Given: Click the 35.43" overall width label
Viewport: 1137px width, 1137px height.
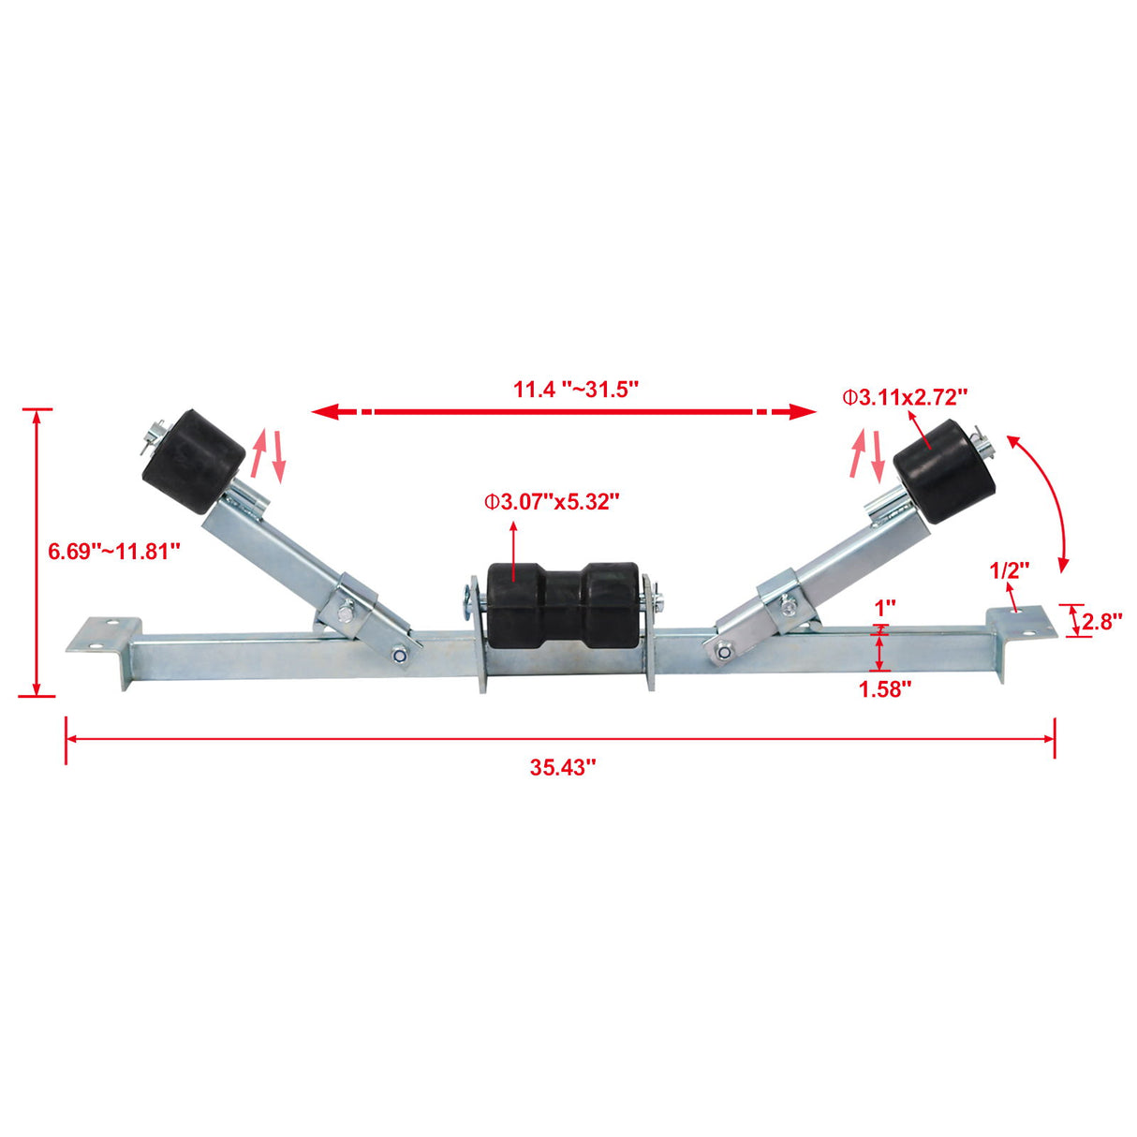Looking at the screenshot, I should (x=563, y=768).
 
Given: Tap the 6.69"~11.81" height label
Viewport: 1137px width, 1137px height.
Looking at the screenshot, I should (x=114, y=551).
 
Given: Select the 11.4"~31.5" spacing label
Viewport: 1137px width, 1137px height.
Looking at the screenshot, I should (x=576, y=389).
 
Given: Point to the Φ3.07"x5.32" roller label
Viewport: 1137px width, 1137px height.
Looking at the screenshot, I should (x=553, y=502).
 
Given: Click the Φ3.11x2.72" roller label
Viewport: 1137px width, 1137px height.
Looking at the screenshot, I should (x=905, y=397).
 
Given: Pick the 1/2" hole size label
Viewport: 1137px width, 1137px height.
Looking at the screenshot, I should (x=1010, y=569).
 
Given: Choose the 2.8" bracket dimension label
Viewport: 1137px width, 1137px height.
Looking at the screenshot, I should (x=1102, y=621).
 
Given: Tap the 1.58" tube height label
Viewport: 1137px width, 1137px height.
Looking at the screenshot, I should (x=885, y=689).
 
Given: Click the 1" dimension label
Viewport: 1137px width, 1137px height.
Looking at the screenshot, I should (x=885, y=608).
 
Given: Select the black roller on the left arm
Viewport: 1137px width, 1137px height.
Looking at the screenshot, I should (x=194, y=461).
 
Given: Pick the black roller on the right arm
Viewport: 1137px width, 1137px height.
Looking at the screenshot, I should (x=945, y=470).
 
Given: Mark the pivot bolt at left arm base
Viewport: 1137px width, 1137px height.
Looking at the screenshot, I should (x=401, y=656).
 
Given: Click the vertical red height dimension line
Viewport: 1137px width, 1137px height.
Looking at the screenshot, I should (x=37, y=553).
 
